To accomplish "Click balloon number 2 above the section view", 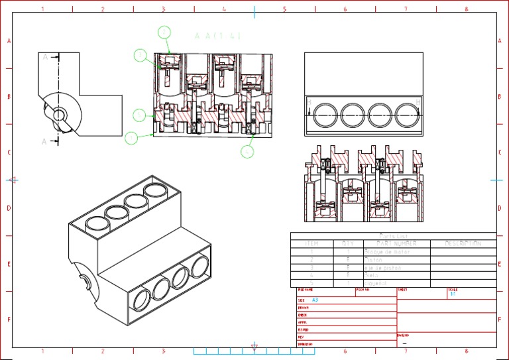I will click(x=164, y=31).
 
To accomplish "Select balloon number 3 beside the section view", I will click(x=140, y=56).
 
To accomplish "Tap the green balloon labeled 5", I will click(x=247, y=151).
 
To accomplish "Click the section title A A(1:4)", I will click(x=217, y=36).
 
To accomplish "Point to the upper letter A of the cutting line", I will click(x=46, y=57).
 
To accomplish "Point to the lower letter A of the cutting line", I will click(x=45, y=141).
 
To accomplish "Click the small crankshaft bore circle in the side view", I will click(x=59, y=115).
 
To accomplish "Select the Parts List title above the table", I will click(x=393, y=235).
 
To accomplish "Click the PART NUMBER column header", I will click(x=396, y=243).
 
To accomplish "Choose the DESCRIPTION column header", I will click(x=463, y=243).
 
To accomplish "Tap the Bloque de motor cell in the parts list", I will click(x=388, y=252).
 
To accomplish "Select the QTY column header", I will click(x=348, y=243).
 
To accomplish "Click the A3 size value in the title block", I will click(x=315, y=300).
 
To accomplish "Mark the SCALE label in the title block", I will click(x=453, y=290).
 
